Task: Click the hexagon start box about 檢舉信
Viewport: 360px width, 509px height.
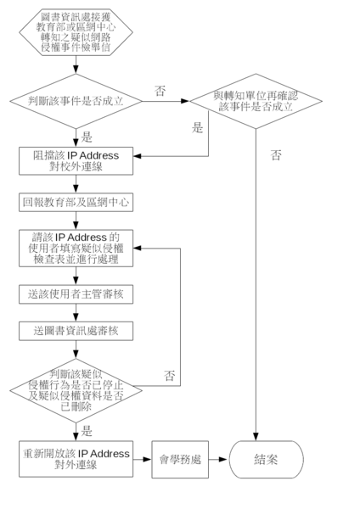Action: (76, 32)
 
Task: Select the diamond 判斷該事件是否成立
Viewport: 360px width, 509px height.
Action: (76, 101)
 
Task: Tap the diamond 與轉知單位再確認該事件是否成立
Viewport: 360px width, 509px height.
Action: (256, 101)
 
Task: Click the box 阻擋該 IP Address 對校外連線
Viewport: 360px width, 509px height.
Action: (76, 161)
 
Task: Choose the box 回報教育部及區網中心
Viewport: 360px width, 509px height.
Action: (76, 202)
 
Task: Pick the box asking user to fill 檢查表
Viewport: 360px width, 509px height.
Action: (76, 249)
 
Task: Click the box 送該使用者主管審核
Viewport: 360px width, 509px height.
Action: (76, 294)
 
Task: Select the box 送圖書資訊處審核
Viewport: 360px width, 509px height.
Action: (76, 331)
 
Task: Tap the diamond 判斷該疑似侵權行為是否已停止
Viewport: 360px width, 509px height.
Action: (76, 390)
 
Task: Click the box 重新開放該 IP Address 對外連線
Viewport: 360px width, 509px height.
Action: (76, 459)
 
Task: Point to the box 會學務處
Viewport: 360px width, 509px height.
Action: (180, 459)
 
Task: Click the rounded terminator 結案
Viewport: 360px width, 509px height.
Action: (266, 459)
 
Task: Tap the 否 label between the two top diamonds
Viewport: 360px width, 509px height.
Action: (160, 91)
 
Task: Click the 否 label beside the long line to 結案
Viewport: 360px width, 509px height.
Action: (276, 155)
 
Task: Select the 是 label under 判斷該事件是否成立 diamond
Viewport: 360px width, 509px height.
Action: (87, 137)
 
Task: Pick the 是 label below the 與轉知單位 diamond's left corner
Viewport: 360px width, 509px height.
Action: (197, 127)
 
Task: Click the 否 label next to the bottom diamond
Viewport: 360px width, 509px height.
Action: (169, 376)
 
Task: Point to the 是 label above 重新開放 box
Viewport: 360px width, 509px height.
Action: (87, 431)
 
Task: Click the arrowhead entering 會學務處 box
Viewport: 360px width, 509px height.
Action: (148, 459)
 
